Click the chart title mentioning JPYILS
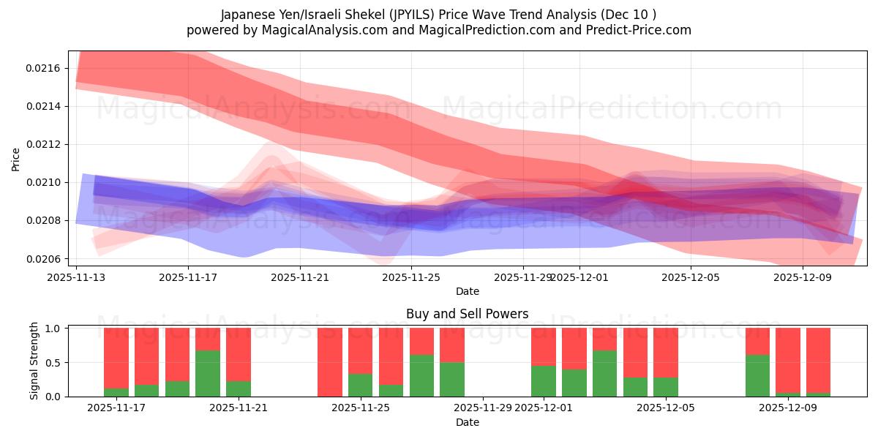(x=438, y=15)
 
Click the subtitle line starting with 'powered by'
(x=438, y=30)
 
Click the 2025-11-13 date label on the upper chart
(x=76, y=278)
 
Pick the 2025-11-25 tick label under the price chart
(x=411, y=278)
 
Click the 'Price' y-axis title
(x=16, y=158)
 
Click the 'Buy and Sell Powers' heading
(x=467, y=314)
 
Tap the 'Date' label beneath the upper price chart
(x=468, y=291)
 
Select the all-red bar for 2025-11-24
(x=330, y=362)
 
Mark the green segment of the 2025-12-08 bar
(x=757, y=375)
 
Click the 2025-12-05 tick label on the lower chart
(x=666, y=408)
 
